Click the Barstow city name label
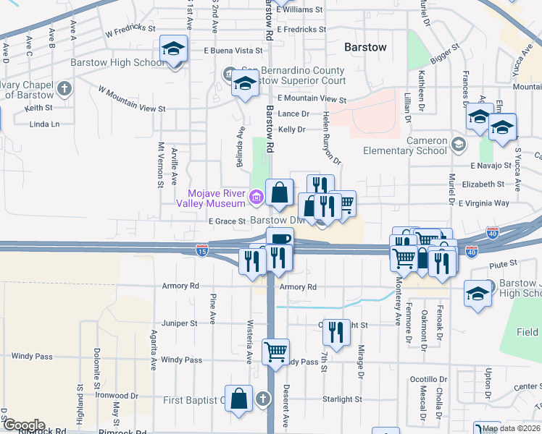[x=365, y=47]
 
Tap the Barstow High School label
[x=118, y=62]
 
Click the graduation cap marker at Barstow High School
[x=172, y=50]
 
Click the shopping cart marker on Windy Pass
[x=275, y=352]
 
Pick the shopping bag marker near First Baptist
[x=238, y=399]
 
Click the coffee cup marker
[x=279, y=239]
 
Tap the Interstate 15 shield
[x=202, y=250]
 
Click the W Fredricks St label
[x=130, y=32]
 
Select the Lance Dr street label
[x=293, y=114]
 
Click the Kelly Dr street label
[x=292, y=129]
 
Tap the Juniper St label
[x=180, y=323]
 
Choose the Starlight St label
[x=342, y=399]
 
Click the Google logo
[x=23, y=425]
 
